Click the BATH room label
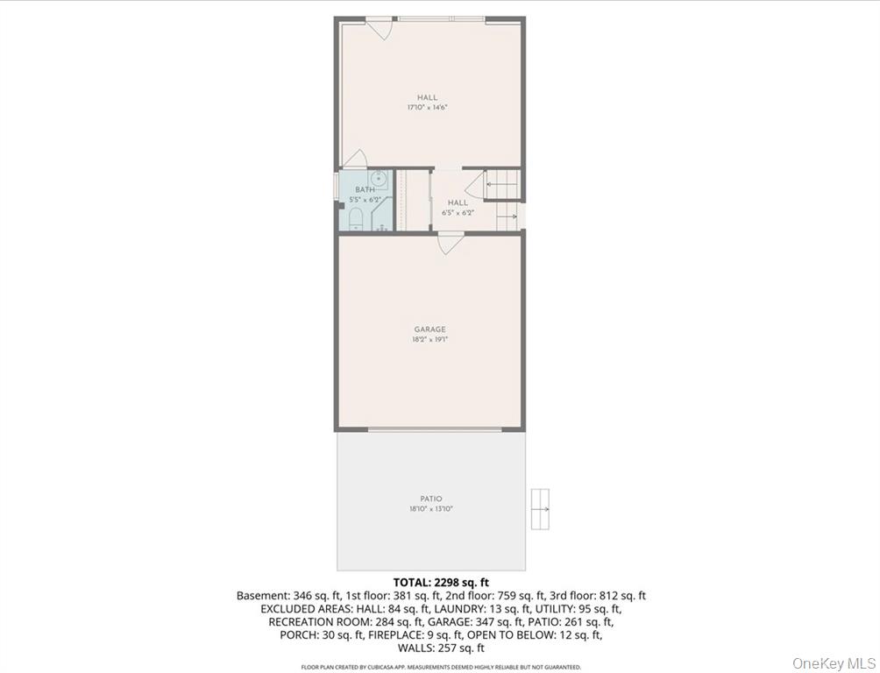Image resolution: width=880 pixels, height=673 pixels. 365,189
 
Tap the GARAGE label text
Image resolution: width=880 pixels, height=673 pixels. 429,329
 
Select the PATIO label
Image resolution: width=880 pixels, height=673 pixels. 430,499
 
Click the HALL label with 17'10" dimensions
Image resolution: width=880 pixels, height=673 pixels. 427,97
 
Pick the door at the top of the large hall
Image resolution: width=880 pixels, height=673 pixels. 379,29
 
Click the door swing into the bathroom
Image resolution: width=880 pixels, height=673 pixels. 355,159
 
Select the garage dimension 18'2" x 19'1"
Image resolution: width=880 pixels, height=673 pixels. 429,339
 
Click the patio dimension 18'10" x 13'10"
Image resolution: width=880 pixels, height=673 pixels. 430,509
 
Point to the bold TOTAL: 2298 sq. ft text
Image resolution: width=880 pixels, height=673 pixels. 440,582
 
